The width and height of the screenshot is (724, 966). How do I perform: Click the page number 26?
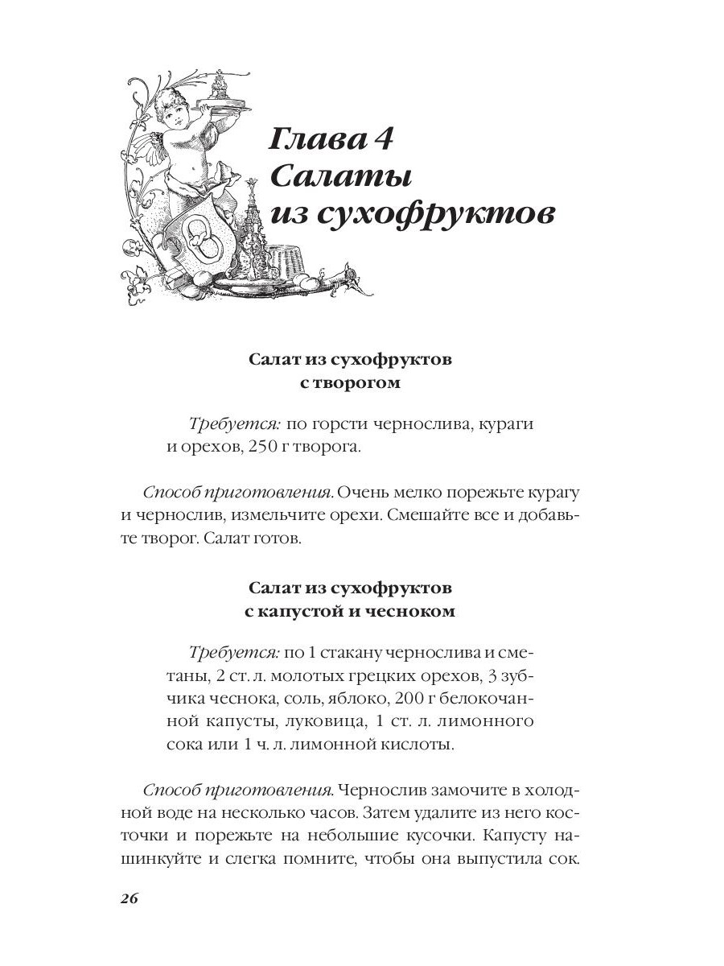[130, 898]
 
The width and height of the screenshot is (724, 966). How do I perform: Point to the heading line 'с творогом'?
[350, 383]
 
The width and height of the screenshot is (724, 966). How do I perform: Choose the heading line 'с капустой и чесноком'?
[350, 611]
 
